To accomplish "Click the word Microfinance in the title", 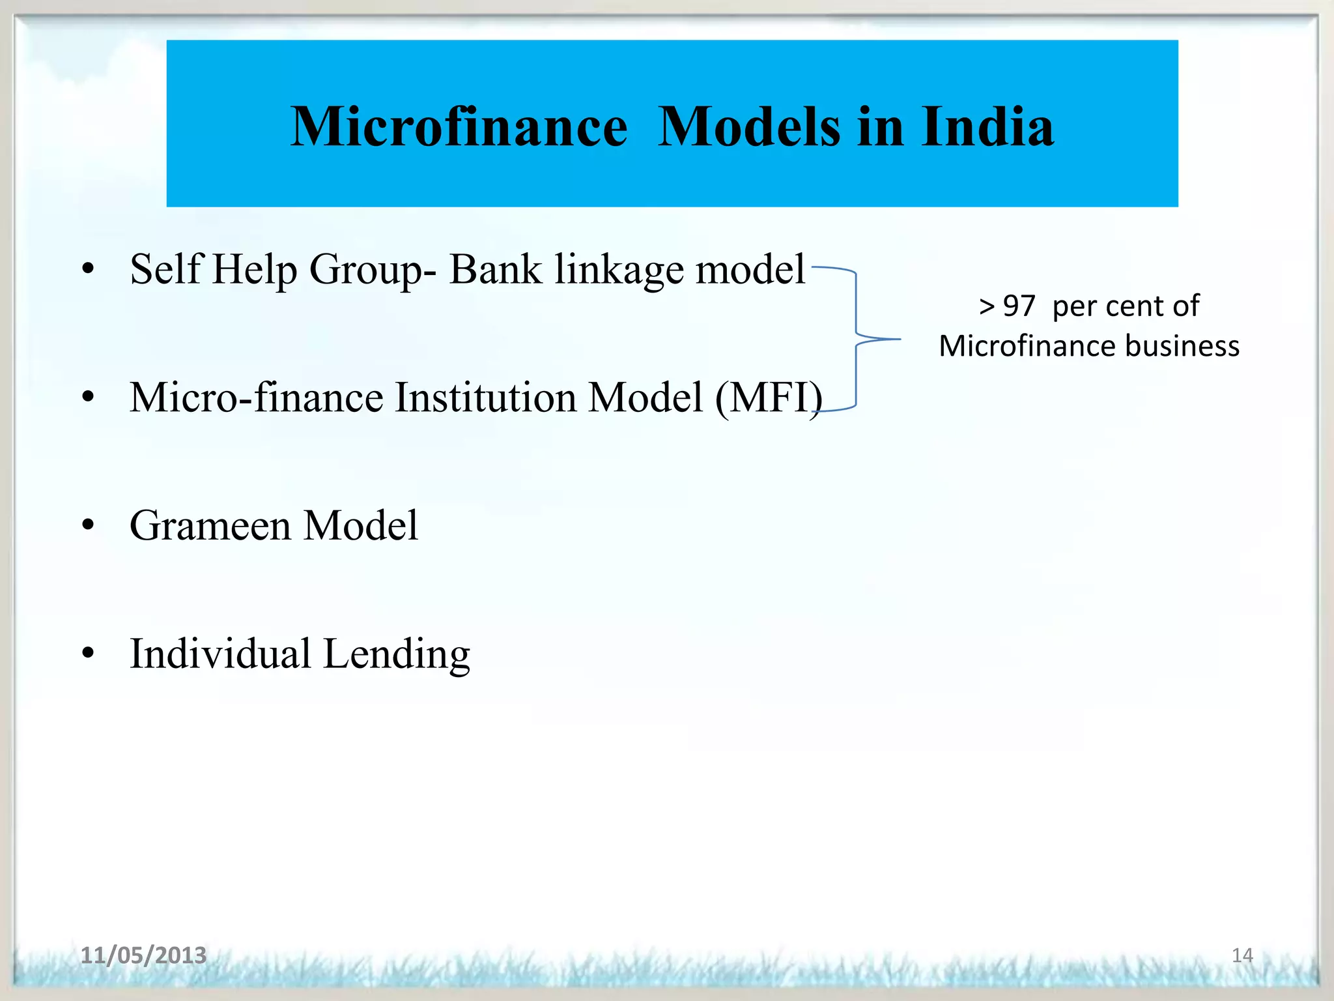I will click(459, 126).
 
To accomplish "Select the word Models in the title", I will click(748, 126).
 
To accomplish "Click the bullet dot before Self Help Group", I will click(89, 268).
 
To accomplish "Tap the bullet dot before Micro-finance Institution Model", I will click(89, 397).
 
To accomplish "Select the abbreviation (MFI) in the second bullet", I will click(769, 398).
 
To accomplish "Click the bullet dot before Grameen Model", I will click(89, 525).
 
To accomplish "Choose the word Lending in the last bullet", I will click(397, 654).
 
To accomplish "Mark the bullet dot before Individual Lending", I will click(89, 653).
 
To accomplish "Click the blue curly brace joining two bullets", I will click(857, 339).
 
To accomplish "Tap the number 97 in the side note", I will click(1019, 306).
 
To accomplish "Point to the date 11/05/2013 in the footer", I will click(143, 955).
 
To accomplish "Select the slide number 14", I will click(1242, 955).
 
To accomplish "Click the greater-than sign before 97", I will click(987, 306).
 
